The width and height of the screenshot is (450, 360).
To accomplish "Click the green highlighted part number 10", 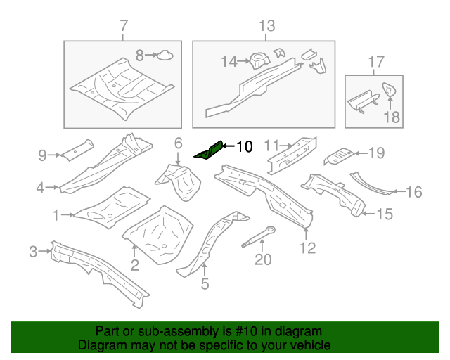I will (x=209, y=150).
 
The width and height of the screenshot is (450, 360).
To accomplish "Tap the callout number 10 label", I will (x=243, y=147).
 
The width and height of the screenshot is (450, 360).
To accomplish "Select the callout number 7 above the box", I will (x=124, y=27).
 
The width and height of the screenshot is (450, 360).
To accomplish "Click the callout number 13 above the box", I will (x=268, y=27).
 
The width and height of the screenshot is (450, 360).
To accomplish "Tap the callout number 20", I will (x=262, y=260).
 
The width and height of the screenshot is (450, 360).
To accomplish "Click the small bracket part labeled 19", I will (x=341, y=153).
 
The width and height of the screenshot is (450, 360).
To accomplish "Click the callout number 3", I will (x=33, y=251).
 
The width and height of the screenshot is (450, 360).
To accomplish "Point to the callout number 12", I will (x=307, y=247).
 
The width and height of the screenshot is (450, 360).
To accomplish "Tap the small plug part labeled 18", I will (x=387, y=89).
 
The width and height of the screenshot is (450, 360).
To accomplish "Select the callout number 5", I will (x=205, y=285).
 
